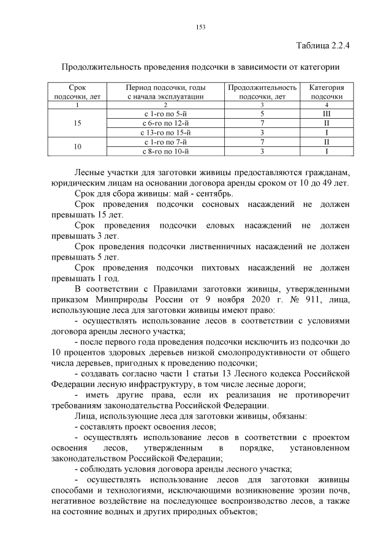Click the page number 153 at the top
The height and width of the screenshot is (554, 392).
200,26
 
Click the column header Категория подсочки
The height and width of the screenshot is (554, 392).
326,92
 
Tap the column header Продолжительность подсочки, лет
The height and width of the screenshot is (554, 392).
262,92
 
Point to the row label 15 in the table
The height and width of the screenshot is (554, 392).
77,123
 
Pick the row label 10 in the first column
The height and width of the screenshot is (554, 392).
77,147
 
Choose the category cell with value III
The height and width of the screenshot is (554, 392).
326,114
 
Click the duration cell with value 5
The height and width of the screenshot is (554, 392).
262,114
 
